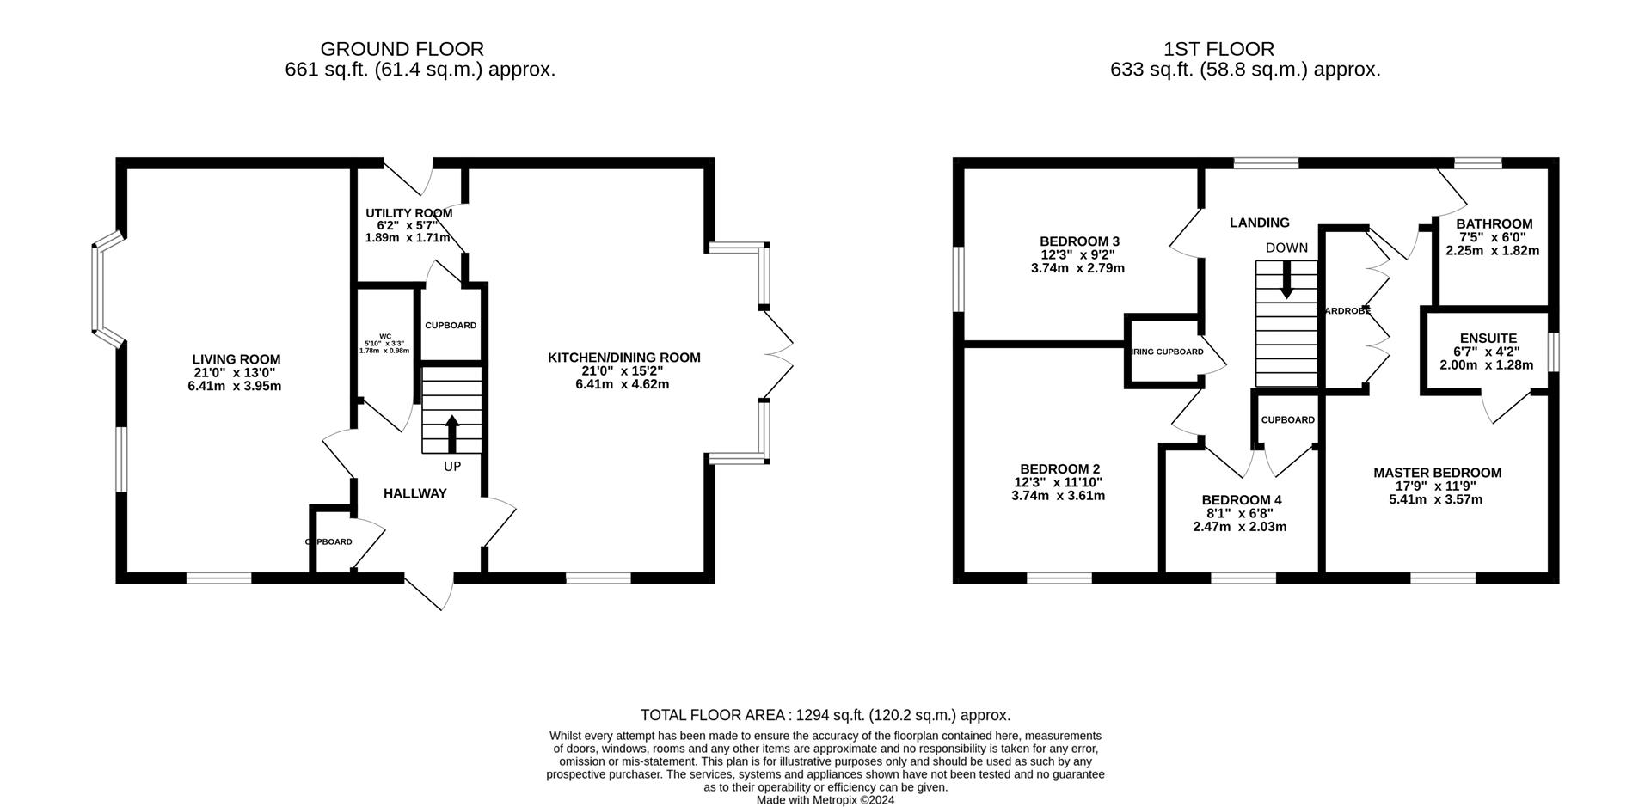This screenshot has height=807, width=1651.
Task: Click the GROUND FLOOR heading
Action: click(402, 49)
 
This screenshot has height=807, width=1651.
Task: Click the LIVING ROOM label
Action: click(236, 359)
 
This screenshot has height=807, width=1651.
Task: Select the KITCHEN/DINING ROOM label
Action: click(623, 358)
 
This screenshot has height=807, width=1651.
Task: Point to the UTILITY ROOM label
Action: click(408, 213)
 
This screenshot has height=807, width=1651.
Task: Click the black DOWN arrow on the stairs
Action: click(1286, 279)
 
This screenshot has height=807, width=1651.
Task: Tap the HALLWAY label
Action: click(414, 493)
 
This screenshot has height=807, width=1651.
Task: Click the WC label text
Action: click(385, 336)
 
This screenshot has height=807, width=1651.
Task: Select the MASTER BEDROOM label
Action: click(1437, 473)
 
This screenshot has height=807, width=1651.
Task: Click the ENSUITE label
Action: click(1488, 339)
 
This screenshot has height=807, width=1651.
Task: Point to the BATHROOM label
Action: click(1494, 223)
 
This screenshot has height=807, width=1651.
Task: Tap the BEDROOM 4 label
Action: click(1241, 500)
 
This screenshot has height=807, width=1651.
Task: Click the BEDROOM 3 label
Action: click(1078, 241)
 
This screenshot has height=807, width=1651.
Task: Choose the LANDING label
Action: click(1259, 223)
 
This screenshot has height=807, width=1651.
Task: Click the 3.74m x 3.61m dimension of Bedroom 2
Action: click(1058, 496)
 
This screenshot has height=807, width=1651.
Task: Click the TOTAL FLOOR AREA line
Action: click(825, 715)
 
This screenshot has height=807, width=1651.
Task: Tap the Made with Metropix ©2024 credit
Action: click(825, 799)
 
